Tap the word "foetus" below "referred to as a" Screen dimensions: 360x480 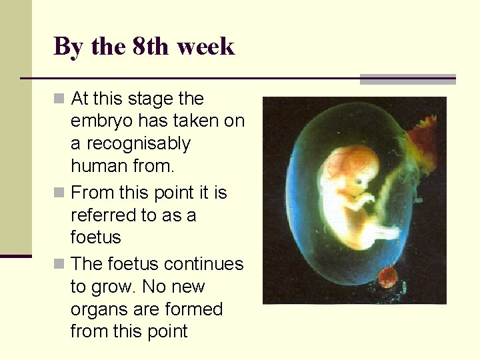pos(95,238)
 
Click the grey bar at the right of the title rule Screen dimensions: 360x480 pos(407,79)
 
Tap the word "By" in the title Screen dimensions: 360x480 pos(67,47)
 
